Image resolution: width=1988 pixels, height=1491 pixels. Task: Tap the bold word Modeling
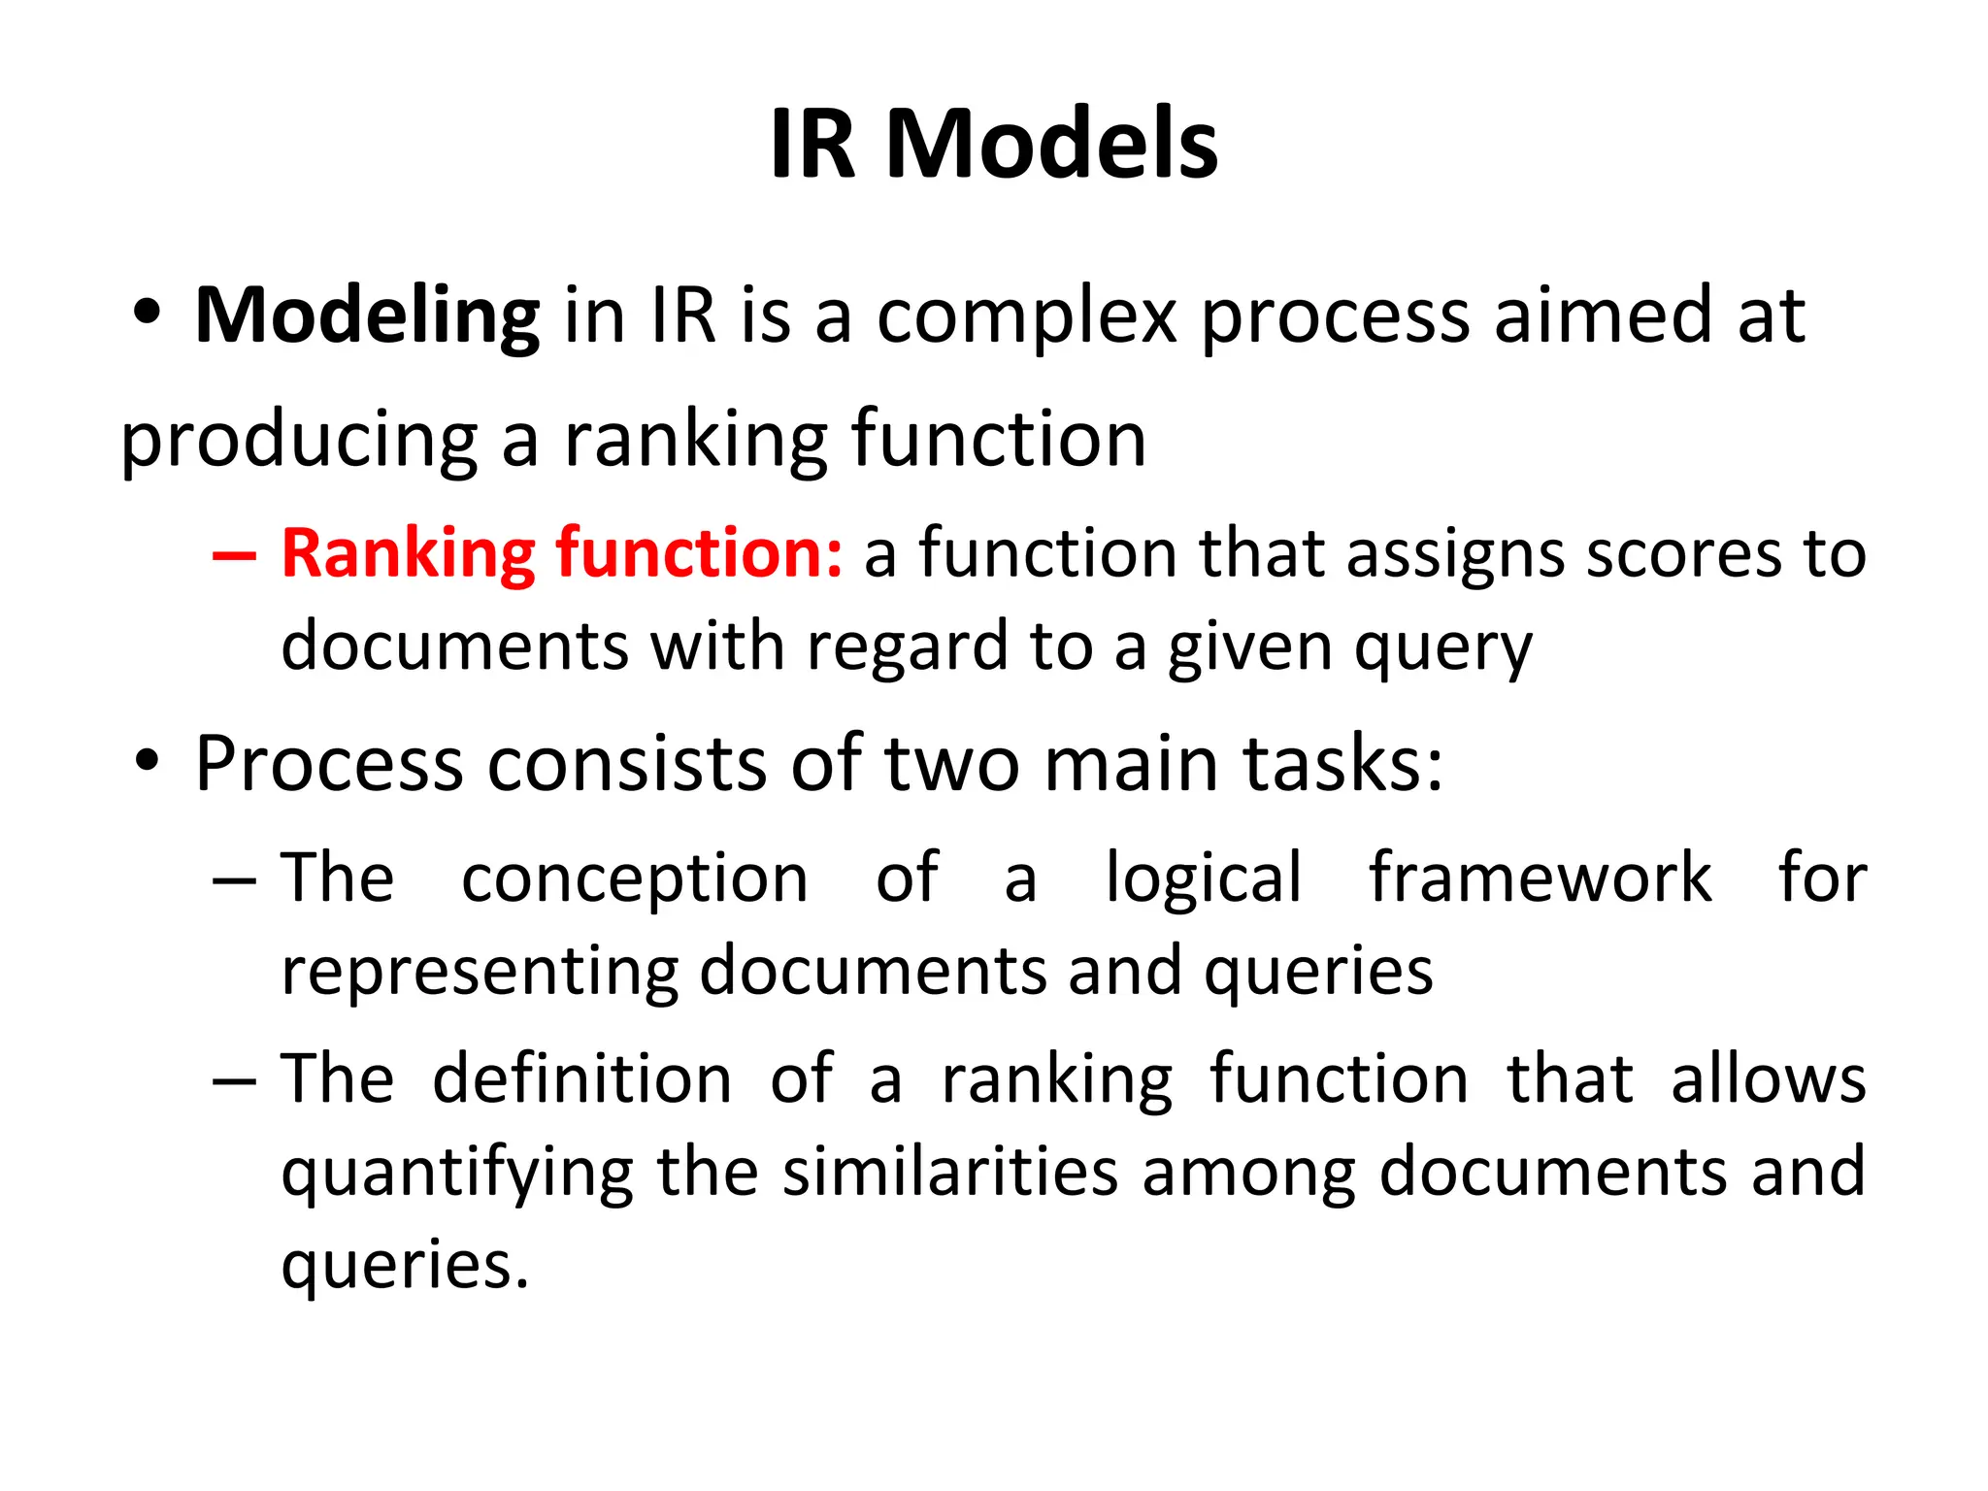tap(367, 315)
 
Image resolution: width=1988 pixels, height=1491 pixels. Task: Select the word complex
tap(1027, 317)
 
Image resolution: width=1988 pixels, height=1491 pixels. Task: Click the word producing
tap(299, 442)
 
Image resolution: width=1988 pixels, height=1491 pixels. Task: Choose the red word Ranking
tap(408, 554)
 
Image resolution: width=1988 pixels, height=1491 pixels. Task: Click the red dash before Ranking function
tap(234, 556)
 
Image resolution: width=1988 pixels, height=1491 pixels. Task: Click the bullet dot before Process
tap(147, 761)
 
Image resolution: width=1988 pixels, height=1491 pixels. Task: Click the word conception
tap(634, 879)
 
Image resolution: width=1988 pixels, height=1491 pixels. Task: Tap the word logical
tap(1203, 879)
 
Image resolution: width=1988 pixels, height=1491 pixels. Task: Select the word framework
tap(1540, 878)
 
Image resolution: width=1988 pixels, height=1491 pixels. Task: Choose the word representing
tap(479, 973)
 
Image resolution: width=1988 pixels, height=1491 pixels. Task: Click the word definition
tap(581, 1078)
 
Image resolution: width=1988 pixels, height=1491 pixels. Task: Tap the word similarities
tap(950, 1172)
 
